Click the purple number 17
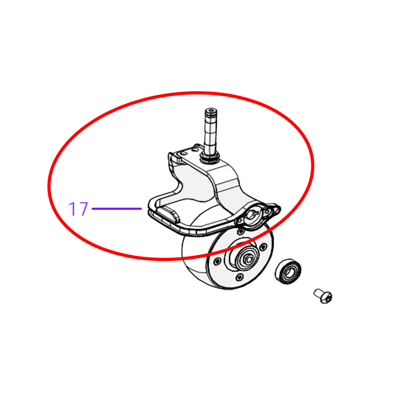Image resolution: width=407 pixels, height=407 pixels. pyautogui.click(x=78, y=209)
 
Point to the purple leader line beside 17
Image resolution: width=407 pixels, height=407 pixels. pyautogui.click(x=117, y=209)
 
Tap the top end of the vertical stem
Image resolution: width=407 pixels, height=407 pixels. pyautogui.click(x=211, y=110)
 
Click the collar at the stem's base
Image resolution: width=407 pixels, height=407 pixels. pyautogui.click(x=210, y=158)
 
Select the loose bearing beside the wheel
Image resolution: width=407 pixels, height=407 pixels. pyautogui.click(x=288, y=271)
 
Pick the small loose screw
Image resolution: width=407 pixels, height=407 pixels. pyautogui.click(x=323, y=296)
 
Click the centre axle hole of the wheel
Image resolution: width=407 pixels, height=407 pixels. pyautogui.click(x=248, y=259)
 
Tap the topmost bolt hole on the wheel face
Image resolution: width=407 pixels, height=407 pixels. pyautogui.click(x=241, y=231)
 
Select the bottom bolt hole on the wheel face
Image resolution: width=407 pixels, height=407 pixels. pyautogui.click(x=239, y=277)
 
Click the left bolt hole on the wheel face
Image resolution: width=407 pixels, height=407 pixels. pyautogui.click(x=217, y=261)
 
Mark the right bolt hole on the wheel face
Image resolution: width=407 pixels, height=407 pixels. pyautogui.click(x=263, y=247)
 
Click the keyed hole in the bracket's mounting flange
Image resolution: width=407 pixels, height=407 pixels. pyautogui.click(x=252, y=214)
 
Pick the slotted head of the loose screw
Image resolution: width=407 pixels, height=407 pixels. pyautogui.click(x=327, y=298)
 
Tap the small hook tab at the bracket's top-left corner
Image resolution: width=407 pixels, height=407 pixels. pyautogui.click(x=174, y=158)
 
